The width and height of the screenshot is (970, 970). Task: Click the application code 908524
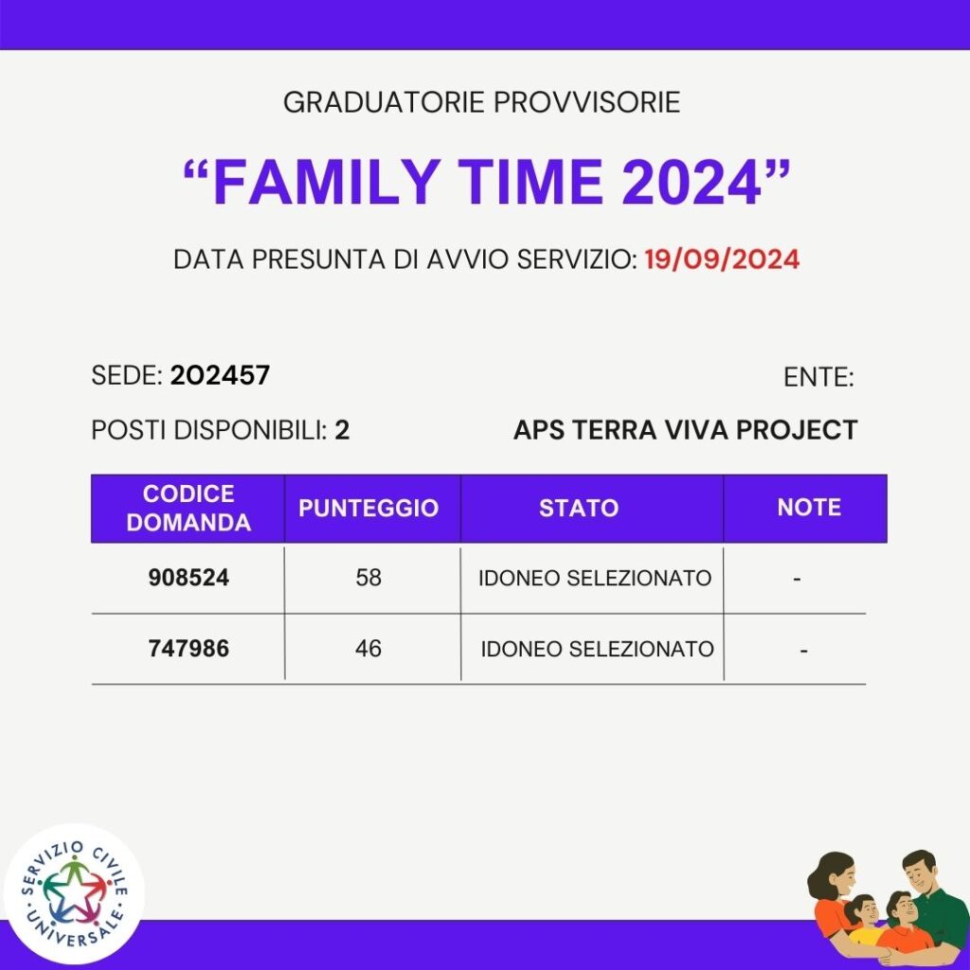(189, 578)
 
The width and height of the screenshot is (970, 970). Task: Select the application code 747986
(189, 649)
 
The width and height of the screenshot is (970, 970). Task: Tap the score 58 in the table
(368, 578)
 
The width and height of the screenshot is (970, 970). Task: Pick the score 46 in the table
(368, 649)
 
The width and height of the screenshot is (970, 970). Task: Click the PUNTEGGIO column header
(368, 508)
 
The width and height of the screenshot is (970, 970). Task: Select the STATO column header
(579, 508)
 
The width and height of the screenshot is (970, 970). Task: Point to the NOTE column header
(809, 508)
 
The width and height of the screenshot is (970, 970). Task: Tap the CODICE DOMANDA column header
(189, 508)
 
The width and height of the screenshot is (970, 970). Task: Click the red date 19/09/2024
(722, 260)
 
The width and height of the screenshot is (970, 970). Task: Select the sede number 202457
(220, 375)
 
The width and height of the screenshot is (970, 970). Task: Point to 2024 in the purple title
(691, 182)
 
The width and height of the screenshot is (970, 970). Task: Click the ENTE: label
(818, 377)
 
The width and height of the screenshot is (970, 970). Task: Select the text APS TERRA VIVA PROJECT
(686, 430)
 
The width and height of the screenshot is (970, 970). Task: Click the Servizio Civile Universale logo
(74, 894)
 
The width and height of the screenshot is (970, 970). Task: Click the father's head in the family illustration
(925, 872)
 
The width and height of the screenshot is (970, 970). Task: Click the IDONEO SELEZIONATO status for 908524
(595, 579)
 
